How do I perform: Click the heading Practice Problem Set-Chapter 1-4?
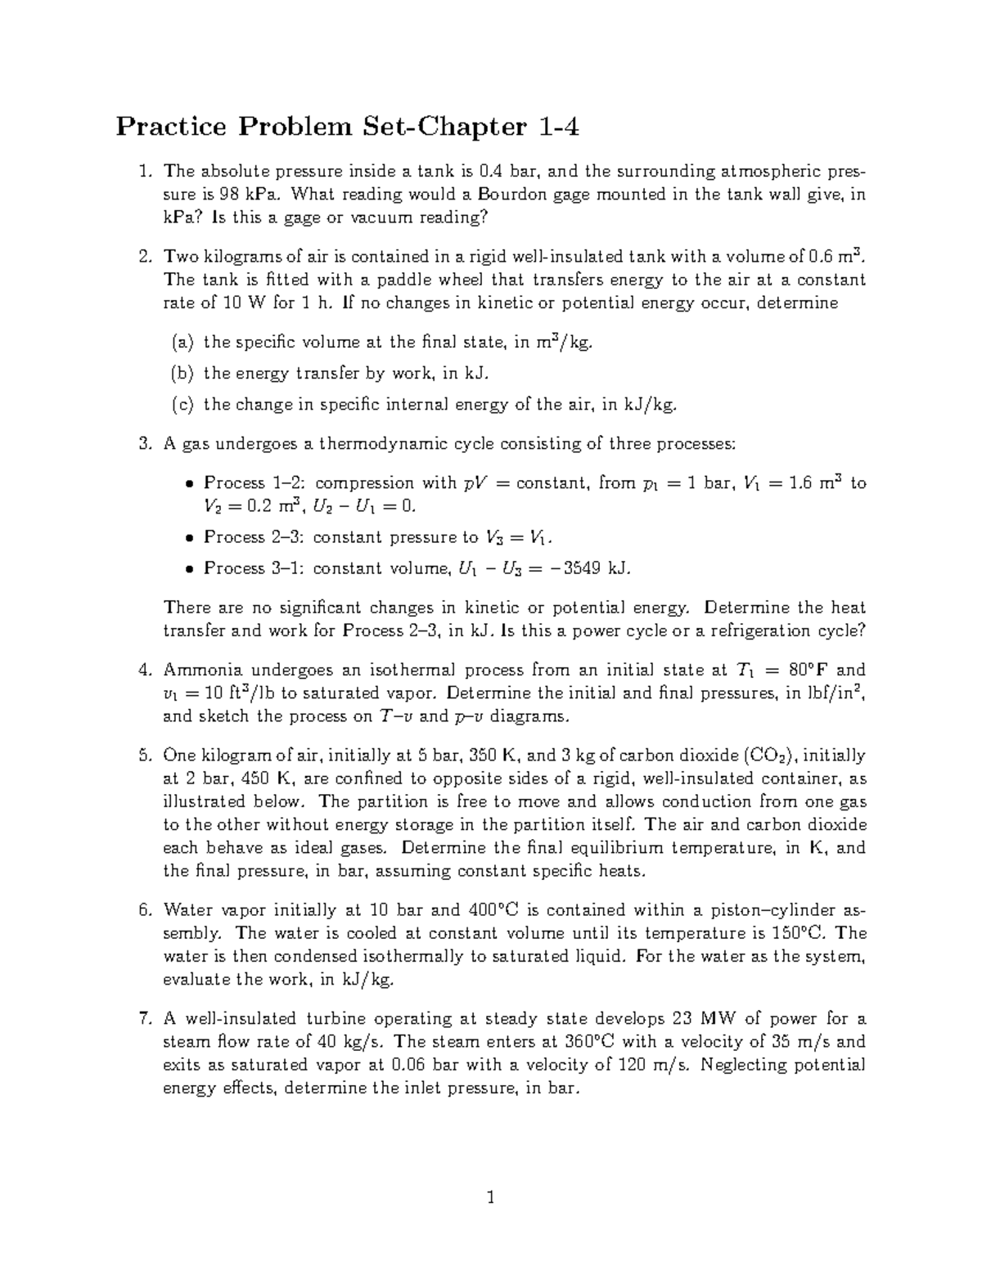tap(347, 127)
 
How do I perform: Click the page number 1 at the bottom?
tap(491, 1198)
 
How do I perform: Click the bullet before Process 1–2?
tap(188, 484)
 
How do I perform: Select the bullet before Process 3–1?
tap(188, 569)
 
